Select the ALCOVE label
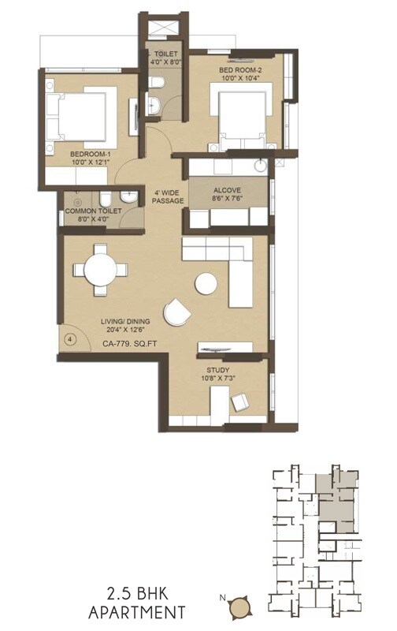(x=227, y=190)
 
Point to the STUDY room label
(x=218, y=369)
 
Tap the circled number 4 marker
(x=71, y=339)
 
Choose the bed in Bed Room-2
(x=243, y=117)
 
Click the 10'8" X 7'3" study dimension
(x=218, y=379)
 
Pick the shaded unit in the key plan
(x=335, y=497)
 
